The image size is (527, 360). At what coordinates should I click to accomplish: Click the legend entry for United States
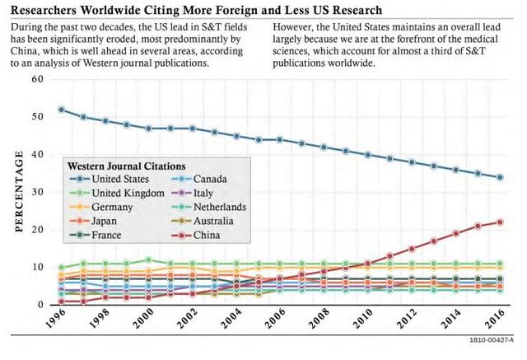[120, 178]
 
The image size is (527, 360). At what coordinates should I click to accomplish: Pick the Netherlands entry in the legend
[218, 207]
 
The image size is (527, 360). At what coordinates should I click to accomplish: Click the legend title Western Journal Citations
[125, 164]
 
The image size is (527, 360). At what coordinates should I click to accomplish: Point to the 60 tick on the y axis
[37, 79]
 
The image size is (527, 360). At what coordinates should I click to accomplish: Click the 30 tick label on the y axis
[37, 192]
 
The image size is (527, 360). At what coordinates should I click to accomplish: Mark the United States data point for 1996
[62, 109]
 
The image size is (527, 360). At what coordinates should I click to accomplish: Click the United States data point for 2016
[500, 177]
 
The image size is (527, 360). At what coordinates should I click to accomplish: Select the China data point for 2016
[500, 222]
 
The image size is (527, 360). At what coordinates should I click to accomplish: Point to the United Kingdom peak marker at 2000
[149, 259]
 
